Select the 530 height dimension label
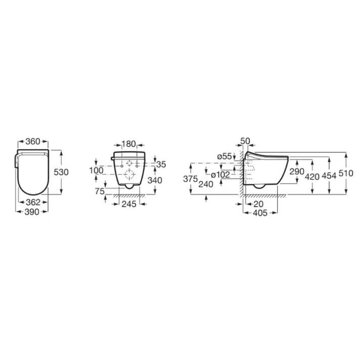(x=61, y=172)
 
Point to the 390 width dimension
(x=32, y=212)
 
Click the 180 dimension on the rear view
(x=130, y=144)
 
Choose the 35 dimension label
(x=161, y=164)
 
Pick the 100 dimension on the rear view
(x=96, y=170)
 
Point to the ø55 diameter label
(x=224, y=157)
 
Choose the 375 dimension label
(x=191, y=179)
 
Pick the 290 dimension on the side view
(x=297, y=172)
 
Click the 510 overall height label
(x=347, y=173)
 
